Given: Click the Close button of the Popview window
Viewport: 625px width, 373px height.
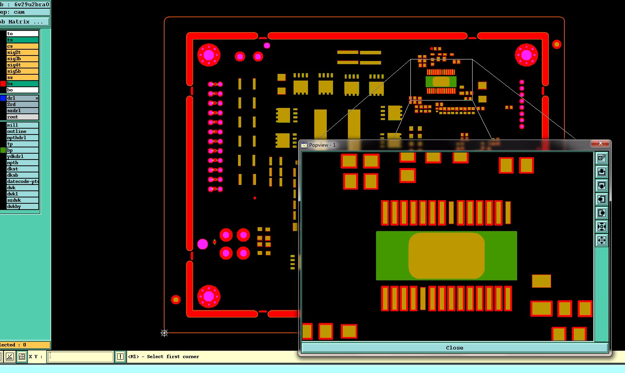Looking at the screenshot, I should click(x=454, y=348).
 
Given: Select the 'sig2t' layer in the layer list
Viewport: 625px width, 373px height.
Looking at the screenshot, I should click(x=22, y=52).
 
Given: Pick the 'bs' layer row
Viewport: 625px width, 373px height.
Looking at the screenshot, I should click(x=22, y=84).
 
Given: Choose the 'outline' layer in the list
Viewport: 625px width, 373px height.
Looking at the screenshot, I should click(x=22, y=131).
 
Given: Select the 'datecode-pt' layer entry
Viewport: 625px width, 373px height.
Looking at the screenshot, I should click(x=22, y=181).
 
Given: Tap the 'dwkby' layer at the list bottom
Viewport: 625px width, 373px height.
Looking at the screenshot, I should click(x=22, y=206).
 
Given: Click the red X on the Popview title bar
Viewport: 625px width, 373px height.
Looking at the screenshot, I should click(x=600, y=143).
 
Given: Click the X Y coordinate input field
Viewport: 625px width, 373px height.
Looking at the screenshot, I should click(x=80, y=357).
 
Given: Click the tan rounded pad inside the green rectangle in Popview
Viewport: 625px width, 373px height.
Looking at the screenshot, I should click(x=446, y=256).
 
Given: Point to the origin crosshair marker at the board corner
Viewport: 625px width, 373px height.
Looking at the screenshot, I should click(x=164, y=333).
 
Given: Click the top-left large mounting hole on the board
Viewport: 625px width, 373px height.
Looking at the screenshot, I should click(x=209, y=55).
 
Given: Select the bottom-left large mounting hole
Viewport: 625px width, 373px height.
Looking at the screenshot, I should click(x=209, y=296).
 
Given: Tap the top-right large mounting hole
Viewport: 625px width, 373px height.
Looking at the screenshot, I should click(x=527, y=55).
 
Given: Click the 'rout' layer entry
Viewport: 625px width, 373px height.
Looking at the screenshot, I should click(x=22, y=117).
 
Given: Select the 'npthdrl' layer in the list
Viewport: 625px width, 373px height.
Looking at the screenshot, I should click(x=22, y=138).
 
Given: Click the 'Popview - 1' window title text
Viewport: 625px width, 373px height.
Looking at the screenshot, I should click(x=322, y=145).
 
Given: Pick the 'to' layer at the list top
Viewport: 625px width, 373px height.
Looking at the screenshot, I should click(x=22, y=34).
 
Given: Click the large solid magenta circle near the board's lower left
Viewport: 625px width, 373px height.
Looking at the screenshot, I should click(x=202, y=244).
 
